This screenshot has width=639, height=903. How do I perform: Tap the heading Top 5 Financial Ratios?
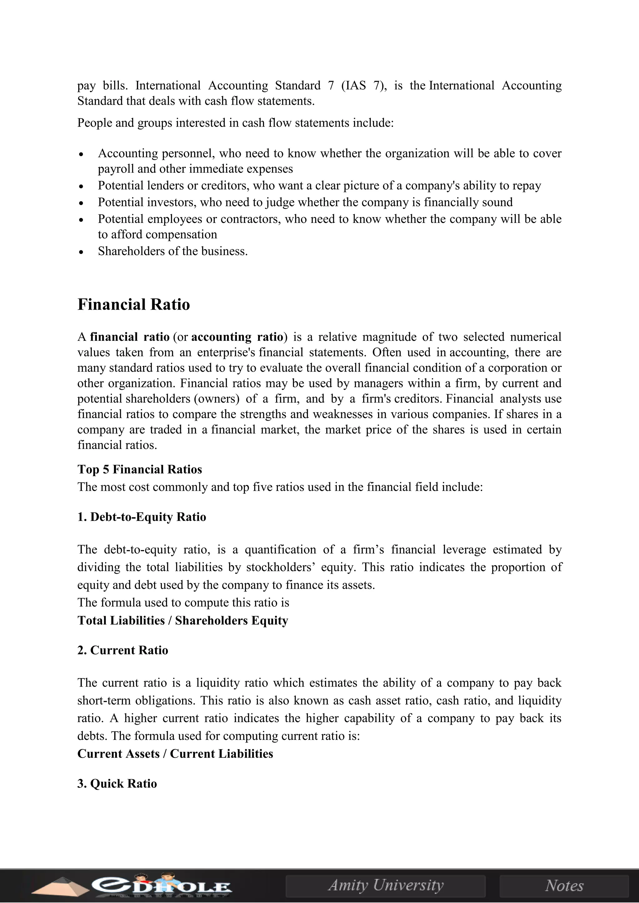click(140, 469)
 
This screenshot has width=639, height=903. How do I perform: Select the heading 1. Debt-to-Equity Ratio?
click(142, 517)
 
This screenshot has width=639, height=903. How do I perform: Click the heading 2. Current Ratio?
click(123, 650)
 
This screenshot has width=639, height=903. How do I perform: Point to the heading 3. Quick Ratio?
click(117, 784)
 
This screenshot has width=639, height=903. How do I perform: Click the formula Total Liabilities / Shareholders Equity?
click(183, 620)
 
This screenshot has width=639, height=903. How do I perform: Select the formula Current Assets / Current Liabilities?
click(175, 754)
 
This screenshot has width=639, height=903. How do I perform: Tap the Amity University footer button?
click(386, 885)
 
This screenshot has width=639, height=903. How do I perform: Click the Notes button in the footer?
click(564, 885)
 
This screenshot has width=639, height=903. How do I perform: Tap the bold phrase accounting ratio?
click(237, 337)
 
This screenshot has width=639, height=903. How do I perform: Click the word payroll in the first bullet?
click(116, 169)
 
